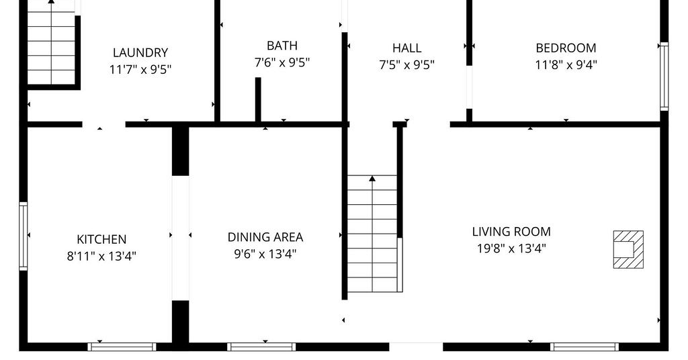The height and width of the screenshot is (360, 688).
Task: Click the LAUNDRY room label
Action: point(140,52)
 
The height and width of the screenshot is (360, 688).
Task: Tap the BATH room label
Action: point(282,46)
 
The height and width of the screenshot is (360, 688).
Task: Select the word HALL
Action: point(406,48)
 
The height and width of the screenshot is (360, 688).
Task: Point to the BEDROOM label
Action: point(566,48)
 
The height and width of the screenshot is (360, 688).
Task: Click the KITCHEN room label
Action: point(101,239)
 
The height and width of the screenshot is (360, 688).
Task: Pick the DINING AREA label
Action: point(265,237)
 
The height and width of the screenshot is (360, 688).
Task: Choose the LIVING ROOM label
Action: point(511,232)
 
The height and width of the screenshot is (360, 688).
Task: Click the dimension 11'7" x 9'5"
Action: point(140,69)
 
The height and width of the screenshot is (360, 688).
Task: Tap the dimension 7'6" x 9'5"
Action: point(282,62)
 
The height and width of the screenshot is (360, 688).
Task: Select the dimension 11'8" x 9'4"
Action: point(566,65)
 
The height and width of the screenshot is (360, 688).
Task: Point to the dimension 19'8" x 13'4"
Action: point(511,249)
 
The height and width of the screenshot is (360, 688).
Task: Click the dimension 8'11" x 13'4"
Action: point(101,256)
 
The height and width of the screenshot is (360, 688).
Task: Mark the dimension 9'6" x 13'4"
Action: point(265,254)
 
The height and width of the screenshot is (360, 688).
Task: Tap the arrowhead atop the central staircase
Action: point(372,179)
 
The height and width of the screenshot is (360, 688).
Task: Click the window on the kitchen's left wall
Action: point(24,236)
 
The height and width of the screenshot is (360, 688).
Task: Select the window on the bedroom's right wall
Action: point(664,77)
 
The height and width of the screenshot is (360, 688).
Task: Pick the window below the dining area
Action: point(261,347)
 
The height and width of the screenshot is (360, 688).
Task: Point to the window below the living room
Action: point(584,347)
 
